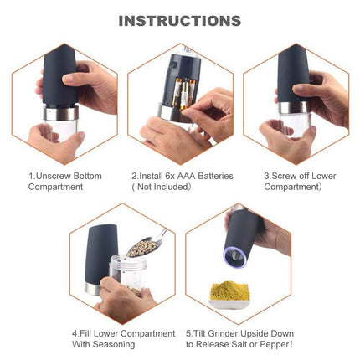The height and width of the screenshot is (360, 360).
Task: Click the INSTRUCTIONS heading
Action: tap(180, 21)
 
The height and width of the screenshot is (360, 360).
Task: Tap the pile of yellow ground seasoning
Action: tap(229, 291)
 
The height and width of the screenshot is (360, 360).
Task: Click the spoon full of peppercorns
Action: tap(146, 244)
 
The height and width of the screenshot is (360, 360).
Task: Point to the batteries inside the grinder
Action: tap(184, 93)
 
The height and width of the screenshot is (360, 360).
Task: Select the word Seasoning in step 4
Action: tap(114, 344)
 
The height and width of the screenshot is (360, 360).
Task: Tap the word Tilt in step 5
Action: tap(200, 333)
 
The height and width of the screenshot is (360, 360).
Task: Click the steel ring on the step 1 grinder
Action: tap(61, 113)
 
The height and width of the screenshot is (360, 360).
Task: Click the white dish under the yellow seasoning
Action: tap(229, 303)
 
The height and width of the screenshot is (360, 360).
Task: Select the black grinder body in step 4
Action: tap(102, 255)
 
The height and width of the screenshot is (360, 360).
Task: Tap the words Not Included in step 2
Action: tap(163, 187)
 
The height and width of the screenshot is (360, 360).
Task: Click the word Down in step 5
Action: tap(281, 333)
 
